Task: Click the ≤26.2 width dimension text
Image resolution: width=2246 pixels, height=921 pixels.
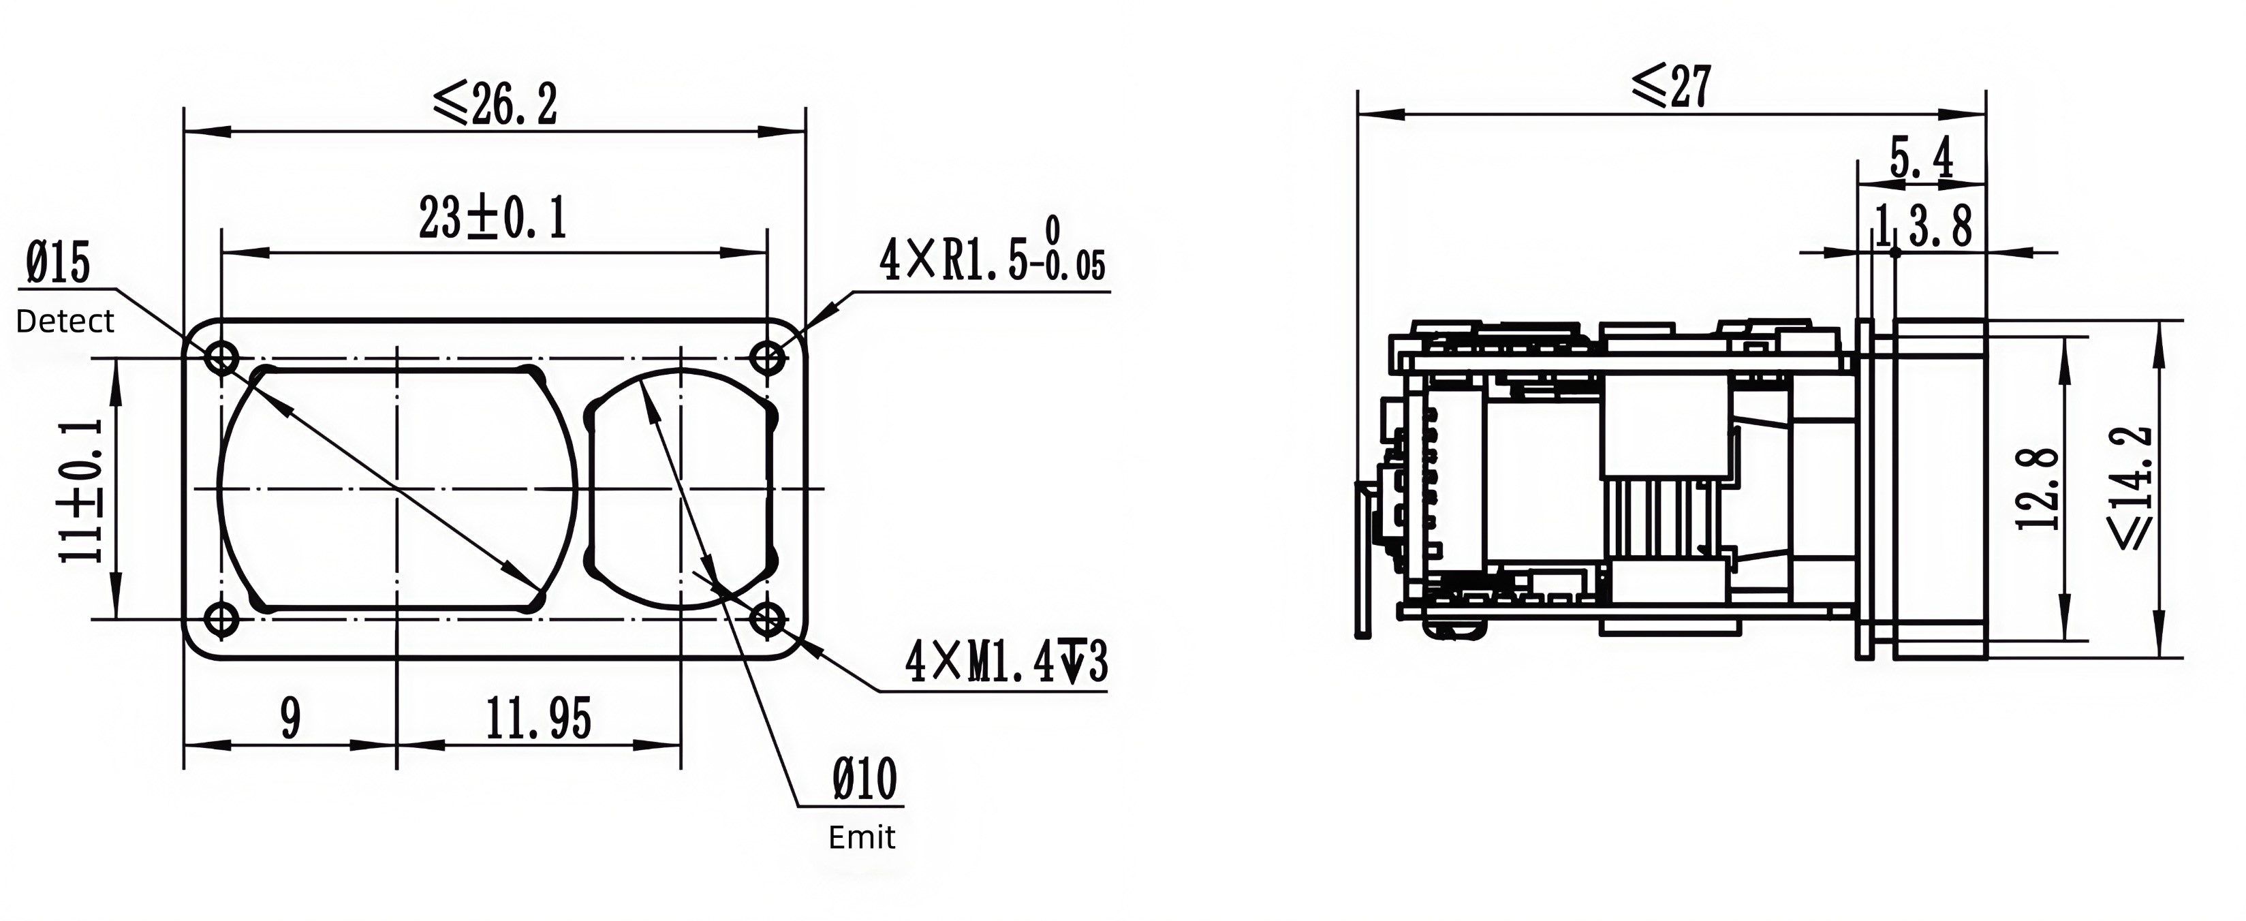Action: pyautogui.click(x=495, y=104)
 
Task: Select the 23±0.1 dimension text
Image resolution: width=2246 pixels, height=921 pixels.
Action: pyautogui.click(x=493, y=217)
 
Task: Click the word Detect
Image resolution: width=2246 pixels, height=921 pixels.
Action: pyautogui.click(x=65, y=321)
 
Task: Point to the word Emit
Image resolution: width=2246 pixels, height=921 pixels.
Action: pyautogui.click(x=862, y=837)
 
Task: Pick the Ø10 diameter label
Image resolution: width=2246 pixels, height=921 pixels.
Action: pyautogui.click(x=865, y=779)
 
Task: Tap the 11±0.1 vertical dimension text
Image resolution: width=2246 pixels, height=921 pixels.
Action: pyautogui.click(x=81, y=491)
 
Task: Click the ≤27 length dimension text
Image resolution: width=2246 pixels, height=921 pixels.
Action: pyautogui.click(x=1672, y=87)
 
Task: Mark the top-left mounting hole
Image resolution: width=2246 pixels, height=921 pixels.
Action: pyautogui.click(x=221, y=358)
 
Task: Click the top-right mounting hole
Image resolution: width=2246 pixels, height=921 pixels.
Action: pyautogui.click(x=767, y=358)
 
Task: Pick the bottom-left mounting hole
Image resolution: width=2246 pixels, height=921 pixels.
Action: pyautogui.click(x=221, y=620)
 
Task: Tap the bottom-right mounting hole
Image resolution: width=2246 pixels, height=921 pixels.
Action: pyautogui.click(x=767, y=620)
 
